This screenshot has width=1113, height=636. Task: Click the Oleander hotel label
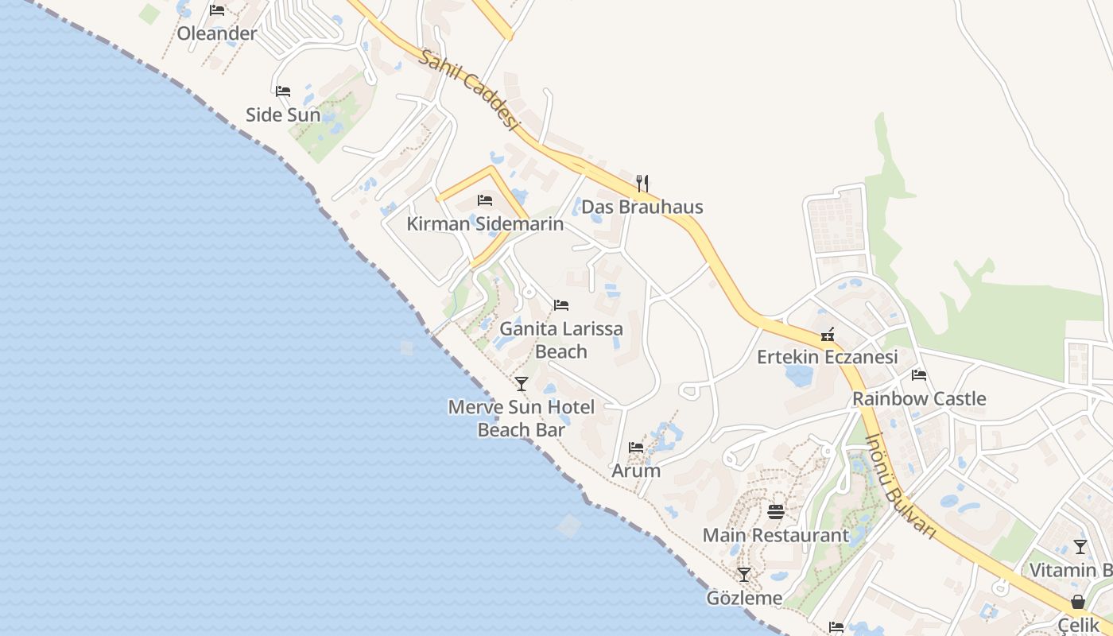217,33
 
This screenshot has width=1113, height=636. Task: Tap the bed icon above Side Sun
283,91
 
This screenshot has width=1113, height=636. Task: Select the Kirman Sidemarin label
485,223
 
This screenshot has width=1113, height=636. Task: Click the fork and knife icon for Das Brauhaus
642,184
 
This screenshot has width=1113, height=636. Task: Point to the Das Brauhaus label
642,207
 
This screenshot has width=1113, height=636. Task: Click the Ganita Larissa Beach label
561,339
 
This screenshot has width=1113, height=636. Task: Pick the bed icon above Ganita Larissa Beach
561,305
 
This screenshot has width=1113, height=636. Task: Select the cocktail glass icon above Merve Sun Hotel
522,384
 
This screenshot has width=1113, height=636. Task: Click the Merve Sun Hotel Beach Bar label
522,418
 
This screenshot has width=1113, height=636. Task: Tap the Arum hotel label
636,470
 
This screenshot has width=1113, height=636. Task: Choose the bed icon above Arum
636,448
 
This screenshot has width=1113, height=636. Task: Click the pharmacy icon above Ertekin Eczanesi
828,334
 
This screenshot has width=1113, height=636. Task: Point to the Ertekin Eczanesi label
828,357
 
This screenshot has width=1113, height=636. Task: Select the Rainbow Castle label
919,398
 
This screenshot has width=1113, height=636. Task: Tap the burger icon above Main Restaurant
776,511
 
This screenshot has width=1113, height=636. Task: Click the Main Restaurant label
776,535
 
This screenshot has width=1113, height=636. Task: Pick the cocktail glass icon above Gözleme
744,574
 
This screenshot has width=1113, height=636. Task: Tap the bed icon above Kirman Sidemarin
485,200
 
